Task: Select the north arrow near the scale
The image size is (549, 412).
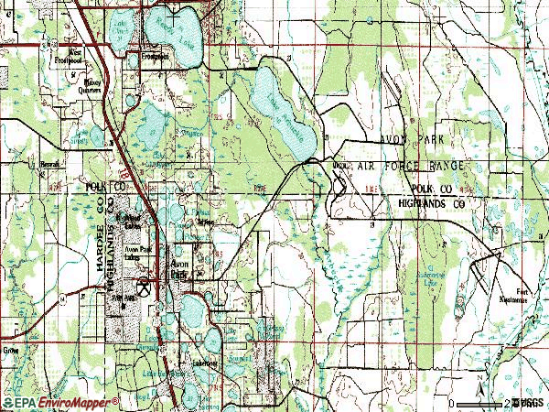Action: [x=479, y=392]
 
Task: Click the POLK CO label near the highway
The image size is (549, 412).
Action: [x=102, y=186]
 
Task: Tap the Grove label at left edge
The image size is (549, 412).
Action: [x=12, y=350]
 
